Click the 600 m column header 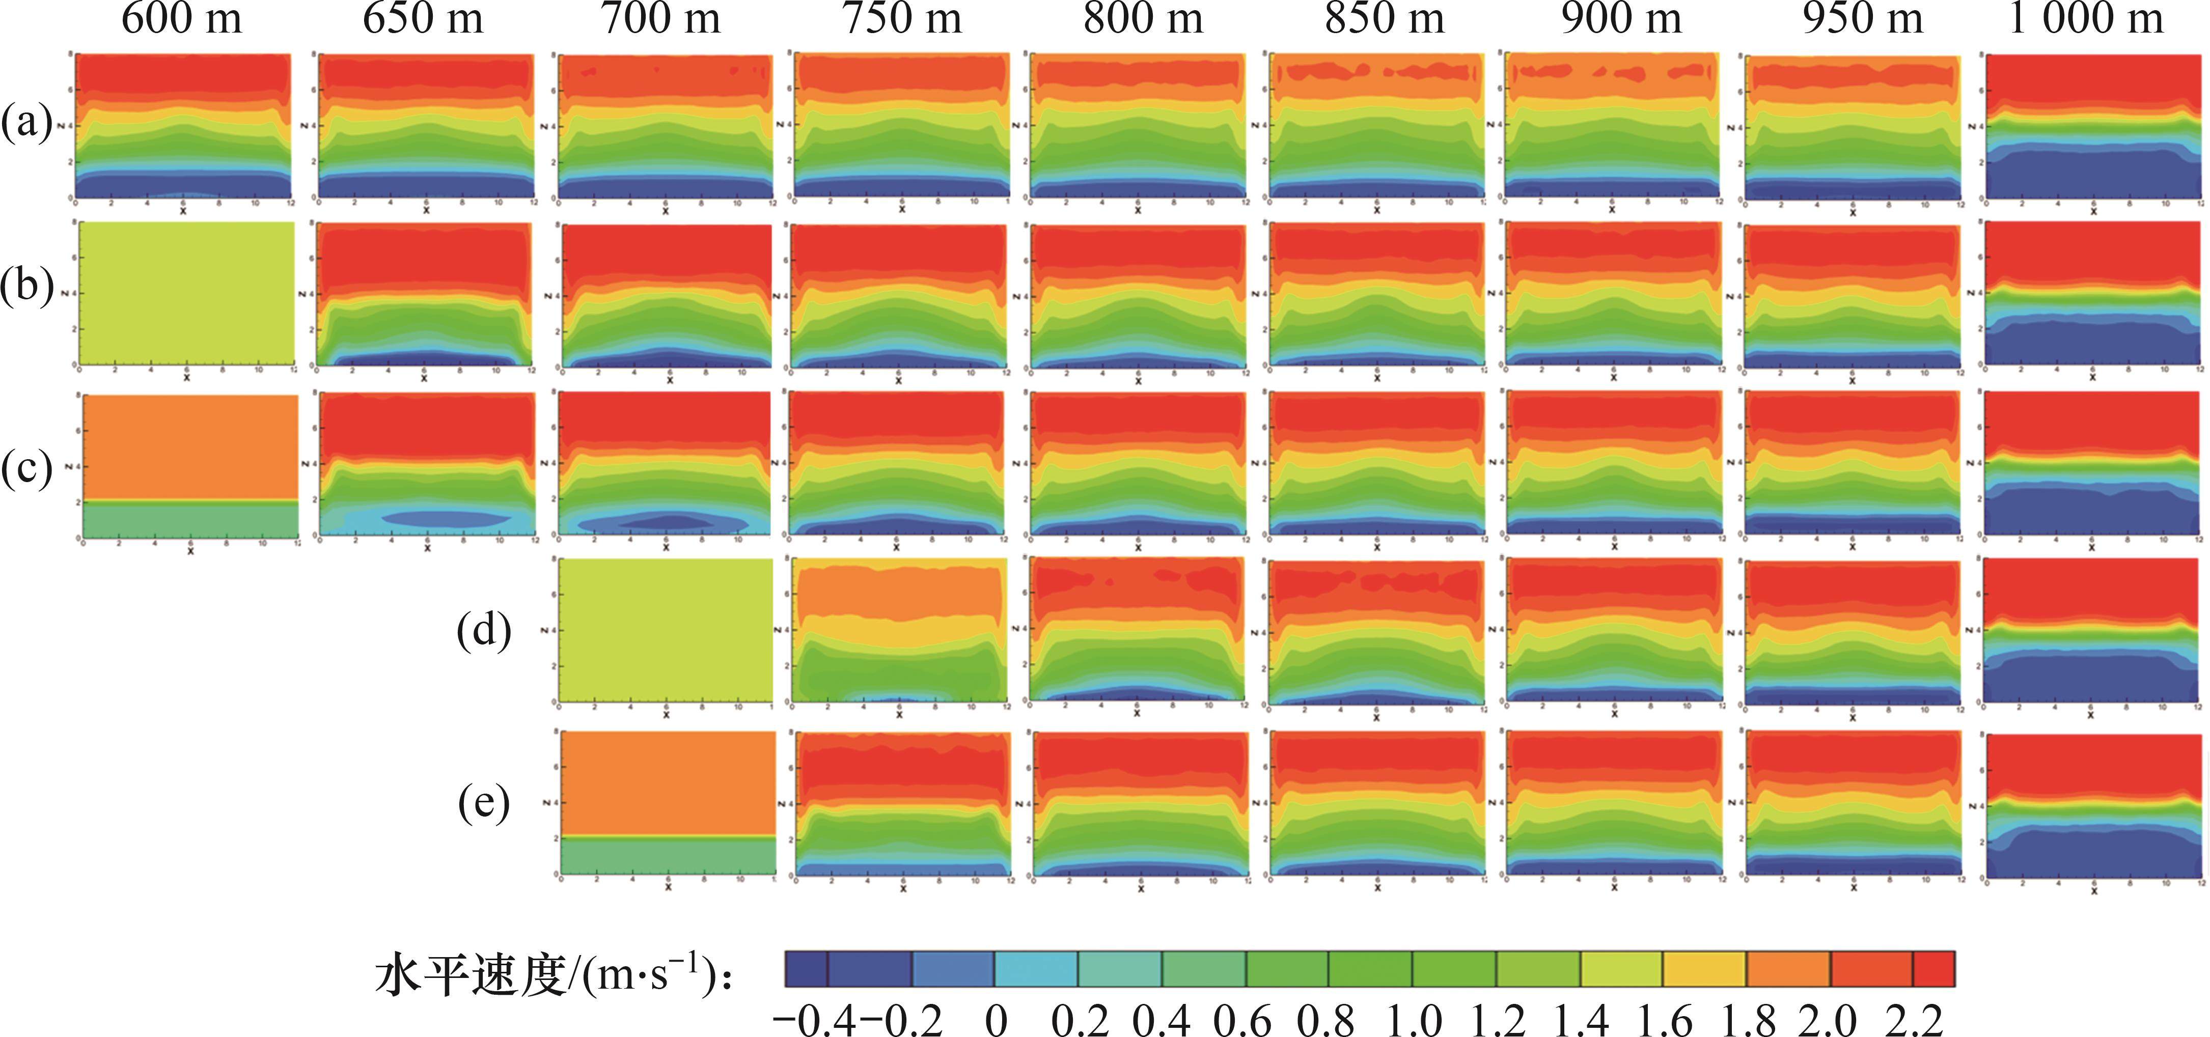tap(182, 19)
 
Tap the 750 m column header tap(902, 19)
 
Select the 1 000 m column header tap(2086, 19)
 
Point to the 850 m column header tap(1384, 19)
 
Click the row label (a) tap(26, 123)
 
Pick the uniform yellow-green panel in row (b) tap(185, 293)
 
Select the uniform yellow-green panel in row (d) tap(666, 630)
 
